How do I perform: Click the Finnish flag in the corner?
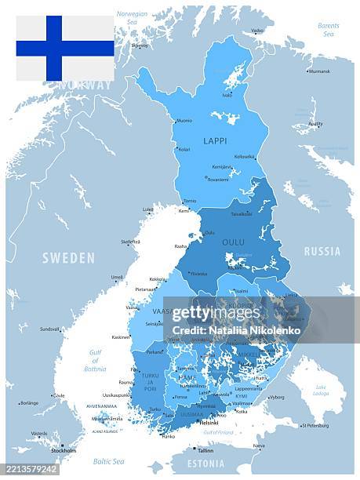click(65, 48)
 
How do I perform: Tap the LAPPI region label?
click(215, 141)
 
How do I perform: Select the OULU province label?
click(233, 242)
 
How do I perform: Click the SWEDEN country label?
click(68, 257)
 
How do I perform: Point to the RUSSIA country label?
click(322, 252)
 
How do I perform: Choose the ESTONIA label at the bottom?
click(207, 464)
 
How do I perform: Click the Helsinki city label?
click(209, 422)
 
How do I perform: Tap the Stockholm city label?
click(64, 451)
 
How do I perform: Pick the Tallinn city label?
click(205, 451)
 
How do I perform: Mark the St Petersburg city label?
click(315, 426)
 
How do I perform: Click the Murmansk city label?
click(319, 71)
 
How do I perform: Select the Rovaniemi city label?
click(217, 179)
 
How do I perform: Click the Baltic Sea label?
click(108, 461)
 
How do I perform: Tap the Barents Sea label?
click(329, 30)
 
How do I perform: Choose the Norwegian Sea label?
click(132, 18)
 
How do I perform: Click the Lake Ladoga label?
click(321, 390)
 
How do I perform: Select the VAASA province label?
click(162, 311)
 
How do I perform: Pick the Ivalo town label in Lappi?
click(227, 95)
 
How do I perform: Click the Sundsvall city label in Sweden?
click(49, 329)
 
